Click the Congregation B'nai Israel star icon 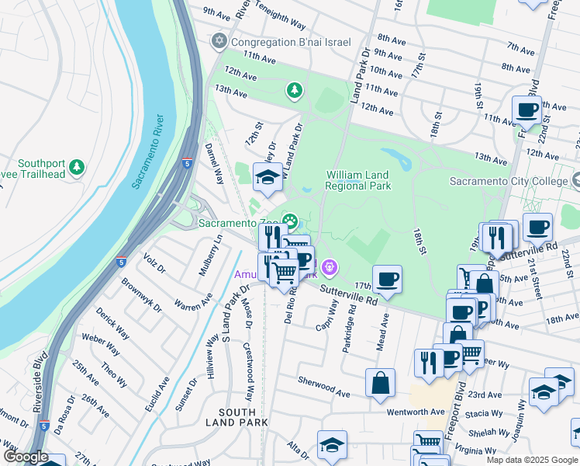[219, 41]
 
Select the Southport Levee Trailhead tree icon [76, 167]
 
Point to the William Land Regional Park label [357, 180]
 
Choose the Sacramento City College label [509, 181]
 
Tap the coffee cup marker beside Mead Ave [387, 278]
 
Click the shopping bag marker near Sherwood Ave [379, 384]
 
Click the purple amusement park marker [330, 268]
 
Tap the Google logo [25, 457]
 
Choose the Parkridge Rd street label [349, 329]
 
